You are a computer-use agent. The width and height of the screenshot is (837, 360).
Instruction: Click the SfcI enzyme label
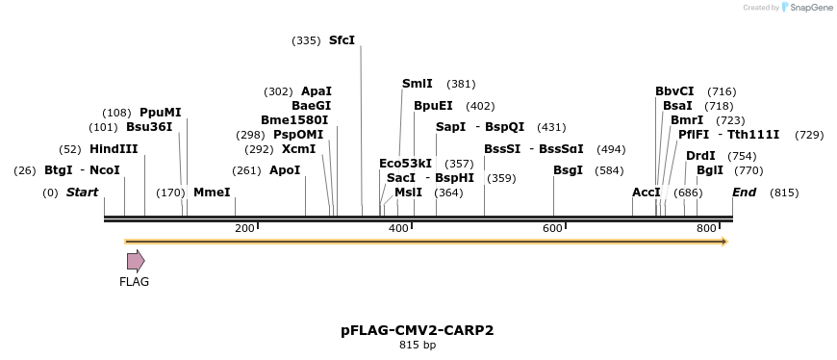(x=342, y=40)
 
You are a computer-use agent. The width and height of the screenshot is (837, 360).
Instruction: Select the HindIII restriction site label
(x=114, y=149)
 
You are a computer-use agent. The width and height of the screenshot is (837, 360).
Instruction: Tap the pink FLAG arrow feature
(x=136, y=261)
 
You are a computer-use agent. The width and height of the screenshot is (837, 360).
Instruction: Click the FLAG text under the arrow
(x=135, y=282)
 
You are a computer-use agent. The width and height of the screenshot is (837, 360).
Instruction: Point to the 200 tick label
(x=244, y=227)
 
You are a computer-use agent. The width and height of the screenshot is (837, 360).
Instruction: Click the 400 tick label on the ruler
(x=398, y=227)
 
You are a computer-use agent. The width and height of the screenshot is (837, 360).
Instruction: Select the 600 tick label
(x=552, y=227)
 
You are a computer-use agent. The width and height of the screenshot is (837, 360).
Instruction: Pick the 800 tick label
(x=706, y=227)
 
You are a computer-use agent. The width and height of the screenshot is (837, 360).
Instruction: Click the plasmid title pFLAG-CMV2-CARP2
(x=418, y=330)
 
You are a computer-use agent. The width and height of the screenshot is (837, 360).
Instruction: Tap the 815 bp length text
(x=418, y=345)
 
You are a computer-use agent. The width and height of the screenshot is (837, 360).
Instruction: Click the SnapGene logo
(x=806, y=8)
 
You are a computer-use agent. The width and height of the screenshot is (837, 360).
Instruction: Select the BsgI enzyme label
(x=568, y=170)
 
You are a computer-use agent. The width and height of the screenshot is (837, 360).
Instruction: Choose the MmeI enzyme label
(x=212, y=193)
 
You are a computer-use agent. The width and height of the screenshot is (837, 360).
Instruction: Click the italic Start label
(x=82, y=193)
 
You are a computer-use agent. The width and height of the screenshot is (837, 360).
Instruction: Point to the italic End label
(x=744, y=193)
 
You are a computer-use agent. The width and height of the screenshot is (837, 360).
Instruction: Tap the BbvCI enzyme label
(x=674, y=91)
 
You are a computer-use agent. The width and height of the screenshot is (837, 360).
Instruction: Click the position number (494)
(x=611, y=149)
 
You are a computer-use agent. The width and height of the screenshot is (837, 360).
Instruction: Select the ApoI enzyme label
(x=285, y=170)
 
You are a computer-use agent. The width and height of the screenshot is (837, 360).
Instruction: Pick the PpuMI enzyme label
(x=160, y=113)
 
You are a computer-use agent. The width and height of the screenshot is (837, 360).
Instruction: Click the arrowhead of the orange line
(x=723, y=241)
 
